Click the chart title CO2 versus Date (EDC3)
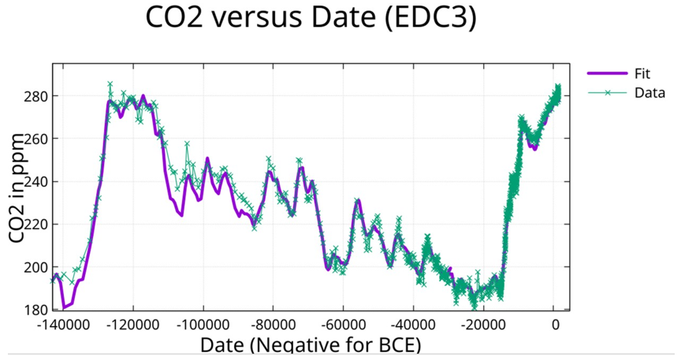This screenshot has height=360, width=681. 311,20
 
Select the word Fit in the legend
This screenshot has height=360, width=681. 642,73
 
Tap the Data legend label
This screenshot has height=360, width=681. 649,92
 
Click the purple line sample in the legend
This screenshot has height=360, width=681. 607,73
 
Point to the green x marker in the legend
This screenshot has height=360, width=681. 607,92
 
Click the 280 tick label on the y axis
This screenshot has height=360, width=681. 35,96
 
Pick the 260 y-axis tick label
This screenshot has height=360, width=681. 35,139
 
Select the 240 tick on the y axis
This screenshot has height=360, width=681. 35,182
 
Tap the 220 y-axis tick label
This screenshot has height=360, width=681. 35,225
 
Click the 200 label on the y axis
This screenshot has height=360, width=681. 35,267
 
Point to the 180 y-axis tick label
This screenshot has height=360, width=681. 35,310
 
